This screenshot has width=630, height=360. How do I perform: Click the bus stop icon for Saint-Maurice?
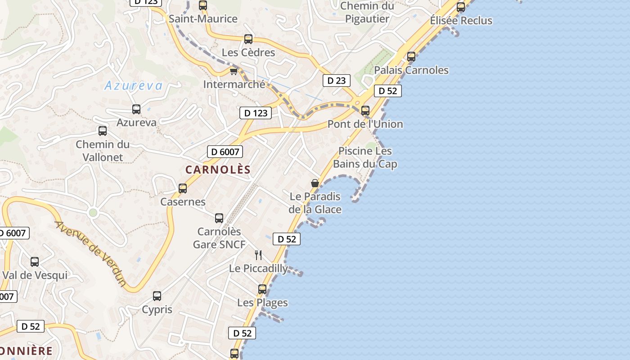click(203, 5)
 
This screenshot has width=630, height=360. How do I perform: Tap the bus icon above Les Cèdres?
click(248, 39)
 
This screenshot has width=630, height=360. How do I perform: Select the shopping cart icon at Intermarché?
click(233, 71)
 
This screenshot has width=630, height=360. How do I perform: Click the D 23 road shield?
click(336, 81)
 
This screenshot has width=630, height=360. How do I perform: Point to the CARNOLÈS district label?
click(218, 170)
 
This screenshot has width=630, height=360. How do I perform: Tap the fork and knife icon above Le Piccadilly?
click(258, 255)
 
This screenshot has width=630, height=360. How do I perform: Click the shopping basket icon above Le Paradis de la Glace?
click(315, 183)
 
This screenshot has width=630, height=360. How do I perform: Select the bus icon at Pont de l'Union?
click(365, 110)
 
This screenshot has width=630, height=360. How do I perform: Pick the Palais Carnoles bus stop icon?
click(411, 57)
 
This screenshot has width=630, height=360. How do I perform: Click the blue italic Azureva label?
click(133, 85)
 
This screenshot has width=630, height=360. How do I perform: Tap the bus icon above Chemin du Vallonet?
click(103, 131)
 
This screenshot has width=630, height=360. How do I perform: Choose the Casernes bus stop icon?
click(183, 189)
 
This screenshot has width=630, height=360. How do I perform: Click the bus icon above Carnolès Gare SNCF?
click(219, 218)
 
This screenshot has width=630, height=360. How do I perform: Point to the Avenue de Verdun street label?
click(91, 253)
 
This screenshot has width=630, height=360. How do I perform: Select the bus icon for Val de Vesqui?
click(35, 262)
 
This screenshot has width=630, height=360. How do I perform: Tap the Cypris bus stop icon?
click(157, 296)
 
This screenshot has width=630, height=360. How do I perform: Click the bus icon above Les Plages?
click(262, 289)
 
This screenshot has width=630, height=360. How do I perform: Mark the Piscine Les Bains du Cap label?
click(365, 157)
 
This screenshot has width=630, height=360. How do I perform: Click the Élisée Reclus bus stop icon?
click(461, 7)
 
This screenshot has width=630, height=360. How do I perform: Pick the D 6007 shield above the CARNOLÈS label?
click(225, 152)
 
